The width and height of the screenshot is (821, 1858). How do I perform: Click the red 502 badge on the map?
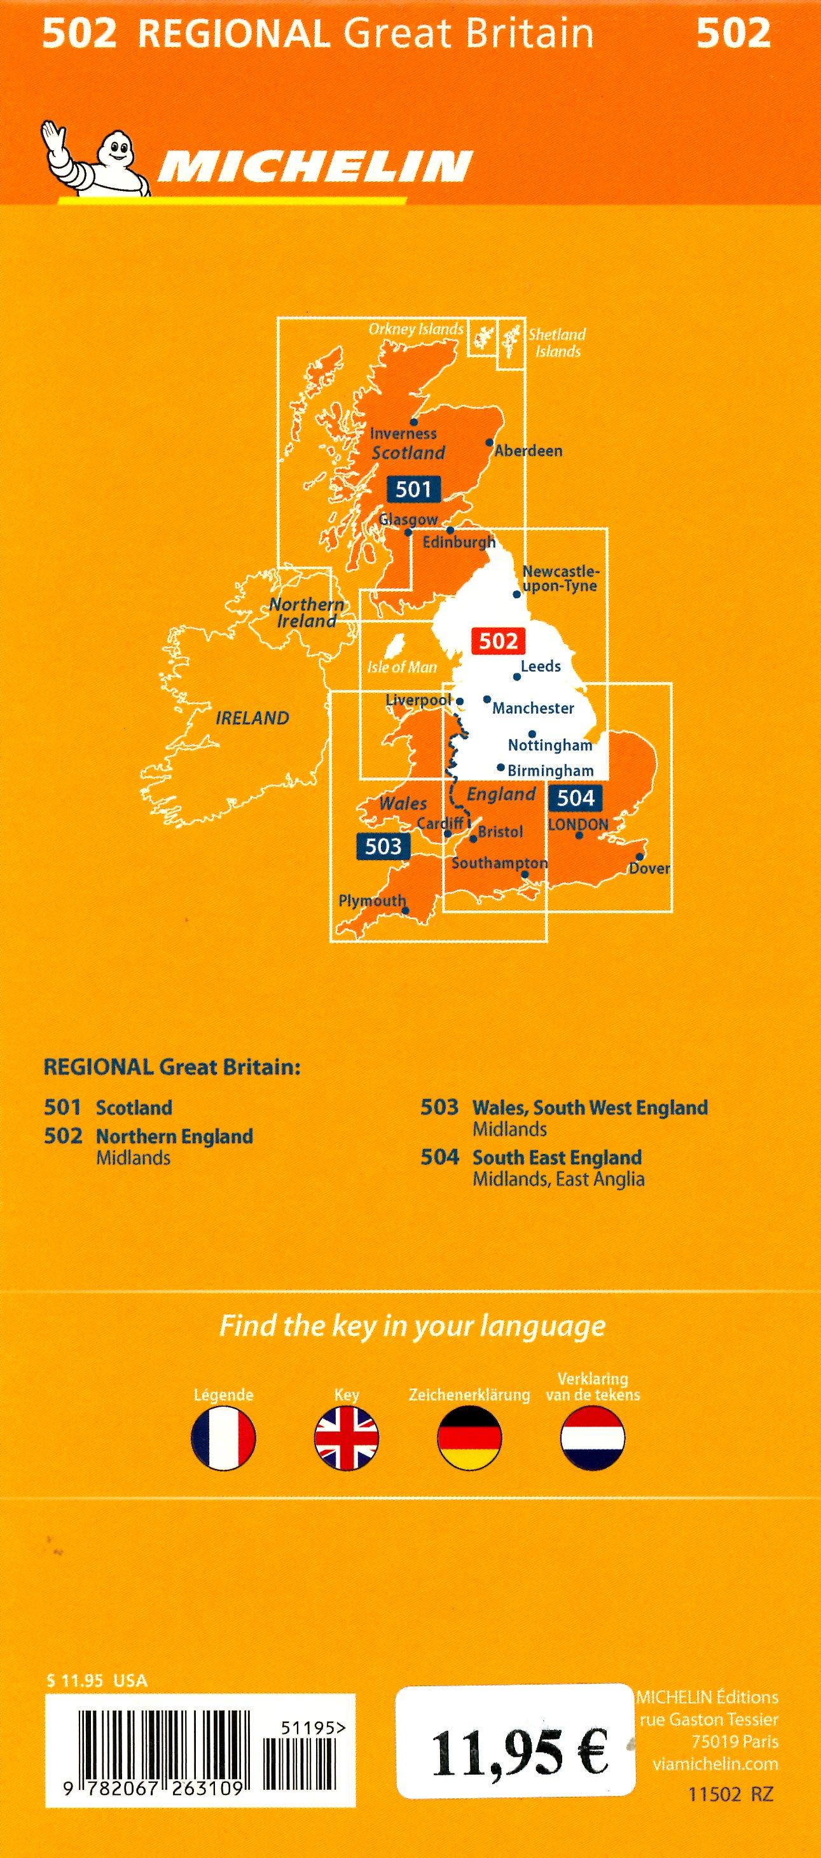coord(498,640)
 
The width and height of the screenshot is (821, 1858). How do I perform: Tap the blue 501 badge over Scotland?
coord(413,489)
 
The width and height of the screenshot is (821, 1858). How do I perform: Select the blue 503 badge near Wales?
coord(382,845)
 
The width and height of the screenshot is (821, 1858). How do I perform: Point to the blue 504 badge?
coord(575,798)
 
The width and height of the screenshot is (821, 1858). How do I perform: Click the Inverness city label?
coord(403,433)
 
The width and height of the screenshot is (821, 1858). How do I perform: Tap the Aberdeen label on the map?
coord(528,451)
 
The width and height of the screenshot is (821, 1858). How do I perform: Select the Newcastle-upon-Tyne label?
coord(560,579)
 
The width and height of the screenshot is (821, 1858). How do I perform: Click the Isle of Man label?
coord(402,667)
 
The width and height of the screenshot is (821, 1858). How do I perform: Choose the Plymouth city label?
coord(372,900)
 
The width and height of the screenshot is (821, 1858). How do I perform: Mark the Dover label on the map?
coord(649,868)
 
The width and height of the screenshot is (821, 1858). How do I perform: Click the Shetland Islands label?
coord(556,342)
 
